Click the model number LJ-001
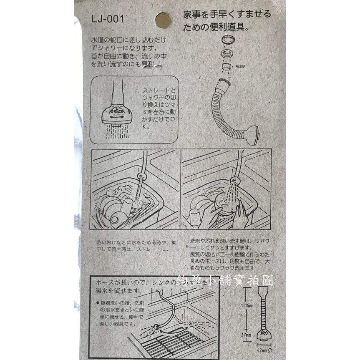(x=106, y=19)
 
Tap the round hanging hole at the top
(x=163, y=20)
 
